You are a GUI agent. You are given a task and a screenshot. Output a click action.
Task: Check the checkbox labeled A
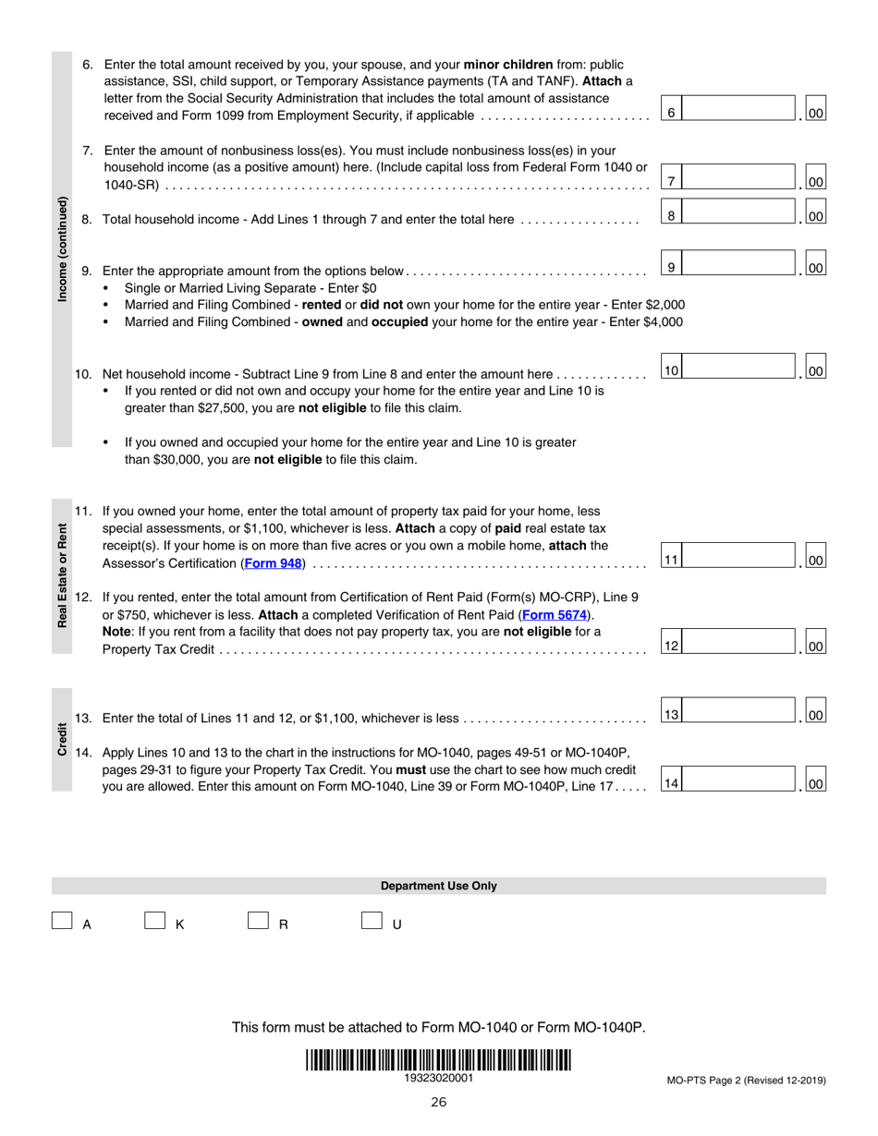coord(62,921)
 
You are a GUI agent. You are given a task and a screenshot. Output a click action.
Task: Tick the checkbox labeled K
coord(154,921)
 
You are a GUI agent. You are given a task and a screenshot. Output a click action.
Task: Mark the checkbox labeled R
coord(258,921)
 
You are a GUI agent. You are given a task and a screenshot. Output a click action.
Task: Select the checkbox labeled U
coord(372,921)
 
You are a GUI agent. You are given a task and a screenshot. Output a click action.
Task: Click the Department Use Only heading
coord(438,886)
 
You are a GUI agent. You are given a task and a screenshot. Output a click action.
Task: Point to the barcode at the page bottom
coord(438,1060)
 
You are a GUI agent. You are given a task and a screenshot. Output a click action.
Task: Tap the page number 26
coord(438,1101)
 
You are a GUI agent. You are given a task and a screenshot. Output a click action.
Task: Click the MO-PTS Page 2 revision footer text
coord(746,1080)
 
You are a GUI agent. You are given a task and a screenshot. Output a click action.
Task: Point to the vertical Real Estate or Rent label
coord(62,575)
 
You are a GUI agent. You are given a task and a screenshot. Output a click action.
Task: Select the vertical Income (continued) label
coord(62,249)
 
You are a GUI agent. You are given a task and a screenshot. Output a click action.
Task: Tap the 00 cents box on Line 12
coord(815,646)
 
